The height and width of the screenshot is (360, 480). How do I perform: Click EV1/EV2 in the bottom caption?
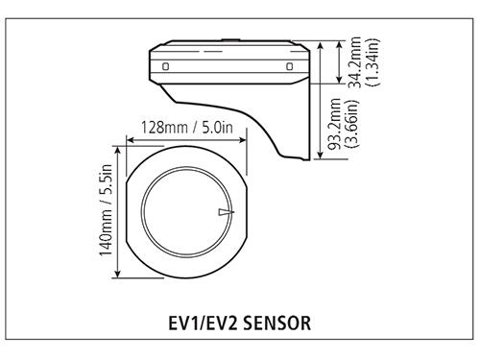click(199, 324)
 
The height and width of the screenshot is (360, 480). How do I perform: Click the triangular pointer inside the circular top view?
click(224, 212)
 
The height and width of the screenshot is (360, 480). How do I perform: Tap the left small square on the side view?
click(167, 66)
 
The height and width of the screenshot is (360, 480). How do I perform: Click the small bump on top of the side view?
click(228, 40)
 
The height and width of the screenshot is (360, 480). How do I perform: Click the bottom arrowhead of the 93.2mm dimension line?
click(321, 157)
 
